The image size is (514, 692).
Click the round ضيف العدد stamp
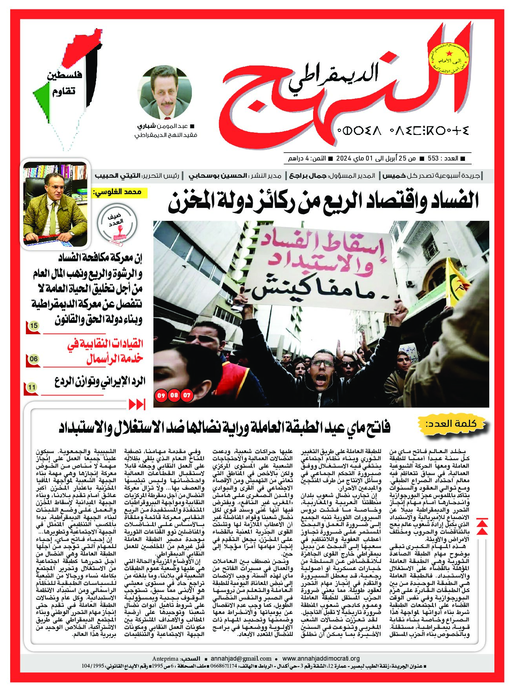coord(118,226)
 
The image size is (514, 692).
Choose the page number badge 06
coord(33,358)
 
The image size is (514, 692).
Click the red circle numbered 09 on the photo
coord(160,395)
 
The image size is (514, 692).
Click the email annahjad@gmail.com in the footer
coord(241,659)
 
